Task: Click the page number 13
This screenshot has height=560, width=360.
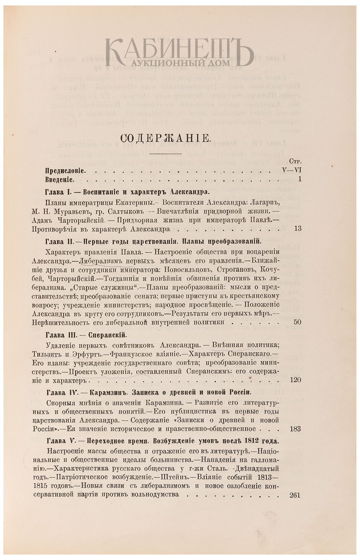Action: click(298, 229)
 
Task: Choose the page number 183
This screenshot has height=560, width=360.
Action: click(295, 429)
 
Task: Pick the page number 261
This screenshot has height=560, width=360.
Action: click(295, 495)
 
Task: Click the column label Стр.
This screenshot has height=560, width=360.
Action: click(295, 161)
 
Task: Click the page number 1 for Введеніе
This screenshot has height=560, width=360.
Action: click(300, 180)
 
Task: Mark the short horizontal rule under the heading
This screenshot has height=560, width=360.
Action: click(165, 153)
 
